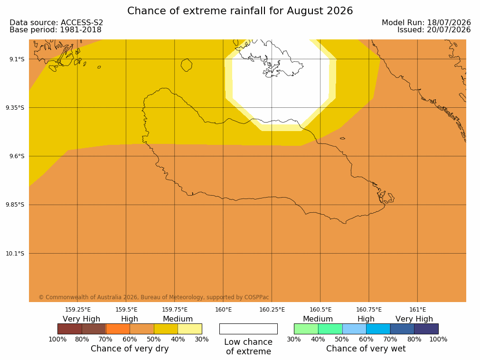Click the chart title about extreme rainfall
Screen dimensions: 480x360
pos(240,11)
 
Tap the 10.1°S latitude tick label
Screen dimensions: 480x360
pos(15,254)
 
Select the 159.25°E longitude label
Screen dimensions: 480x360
pos(78,310)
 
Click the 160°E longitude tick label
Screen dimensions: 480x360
pos(223,310)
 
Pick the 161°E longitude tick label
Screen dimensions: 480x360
pos(417,310)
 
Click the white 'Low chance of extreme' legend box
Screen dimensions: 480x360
pos(248,329)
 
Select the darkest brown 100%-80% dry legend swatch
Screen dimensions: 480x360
pos(70,329)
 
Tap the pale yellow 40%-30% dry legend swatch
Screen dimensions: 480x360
pos(190,329)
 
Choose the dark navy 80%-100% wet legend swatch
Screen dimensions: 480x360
pos(426,329)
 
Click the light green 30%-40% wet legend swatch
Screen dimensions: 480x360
pos(306,329)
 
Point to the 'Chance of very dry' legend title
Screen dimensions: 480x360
pos(130,349)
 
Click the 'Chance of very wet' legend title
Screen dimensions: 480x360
pos(366,349)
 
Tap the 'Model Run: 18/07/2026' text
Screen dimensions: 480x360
pos(426,22)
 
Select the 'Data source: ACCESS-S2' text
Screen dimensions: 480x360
pos(56,22)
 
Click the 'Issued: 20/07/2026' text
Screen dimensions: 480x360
pos(434,30)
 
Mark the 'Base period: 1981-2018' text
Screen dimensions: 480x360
pos(56,30)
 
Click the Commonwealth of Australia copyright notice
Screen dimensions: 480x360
pos(154,297)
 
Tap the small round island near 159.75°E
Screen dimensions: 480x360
pos(187,65)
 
